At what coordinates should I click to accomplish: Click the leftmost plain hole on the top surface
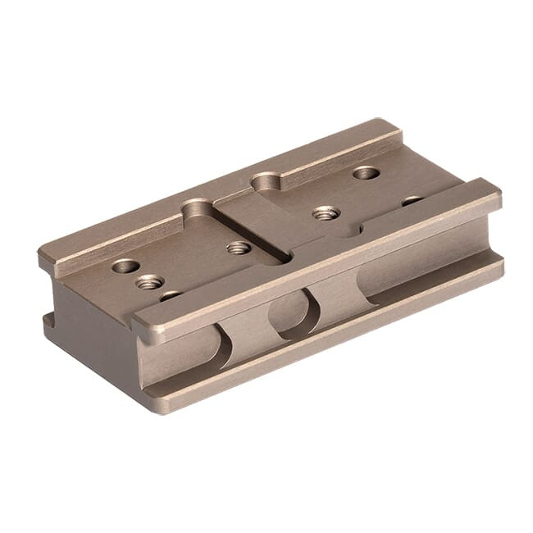(x=125, y=266)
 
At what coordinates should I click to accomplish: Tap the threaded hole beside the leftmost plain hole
(x=149, y=282)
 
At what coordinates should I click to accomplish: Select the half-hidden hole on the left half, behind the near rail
(x=171, y=295)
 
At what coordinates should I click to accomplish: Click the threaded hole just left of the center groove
(x=239, y=247)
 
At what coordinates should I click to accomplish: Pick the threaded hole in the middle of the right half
(x=326, y=212)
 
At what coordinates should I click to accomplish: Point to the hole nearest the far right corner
(x=366, y=173)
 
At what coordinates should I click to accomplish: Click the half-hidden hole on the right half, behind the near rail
(x=412, y=200)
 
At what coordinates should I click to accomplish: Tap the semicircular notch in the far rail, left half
(x=197, y=207)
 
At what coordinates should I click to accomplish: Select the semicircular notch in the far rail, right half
(x=266, y=180)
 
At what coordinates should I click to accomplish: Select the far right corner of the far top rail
(x=394, y=127)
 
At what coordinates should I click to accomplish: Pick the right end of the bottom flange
(x=497, y=266)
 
